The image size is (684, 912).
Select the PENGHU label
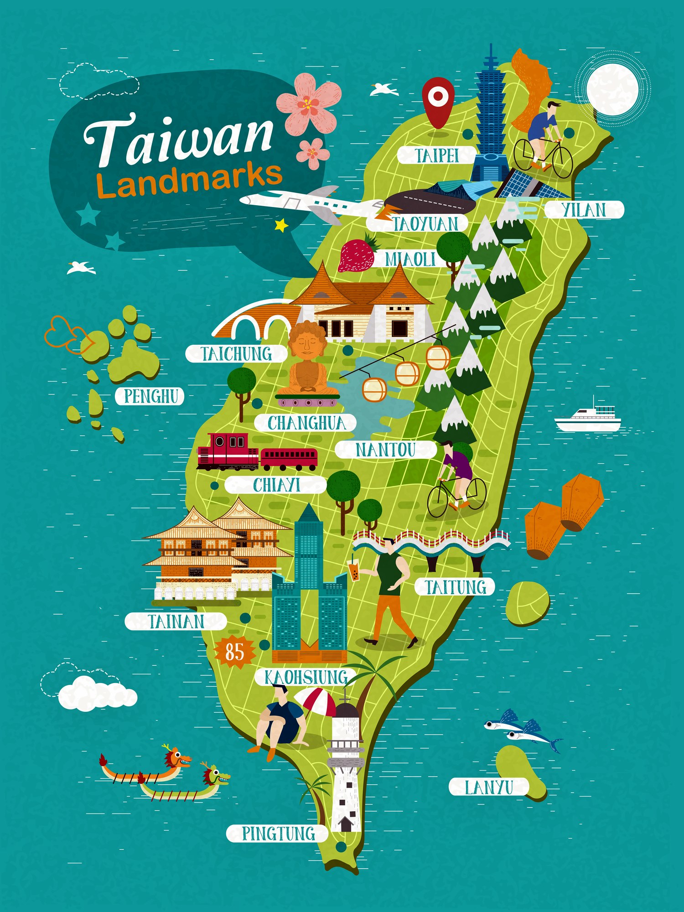[150, 396]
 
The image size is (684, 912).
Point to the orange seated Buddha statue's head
[307, 340]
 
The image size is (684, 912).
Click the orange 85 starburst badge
[235, 652]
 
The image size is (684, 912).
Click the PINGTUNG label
[278, 833]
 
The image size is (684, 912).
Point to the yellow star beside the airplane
[281, 225]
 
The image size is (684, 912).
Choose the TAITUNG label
[455, 587]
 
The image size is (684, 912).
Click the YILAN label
[584, 210]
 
